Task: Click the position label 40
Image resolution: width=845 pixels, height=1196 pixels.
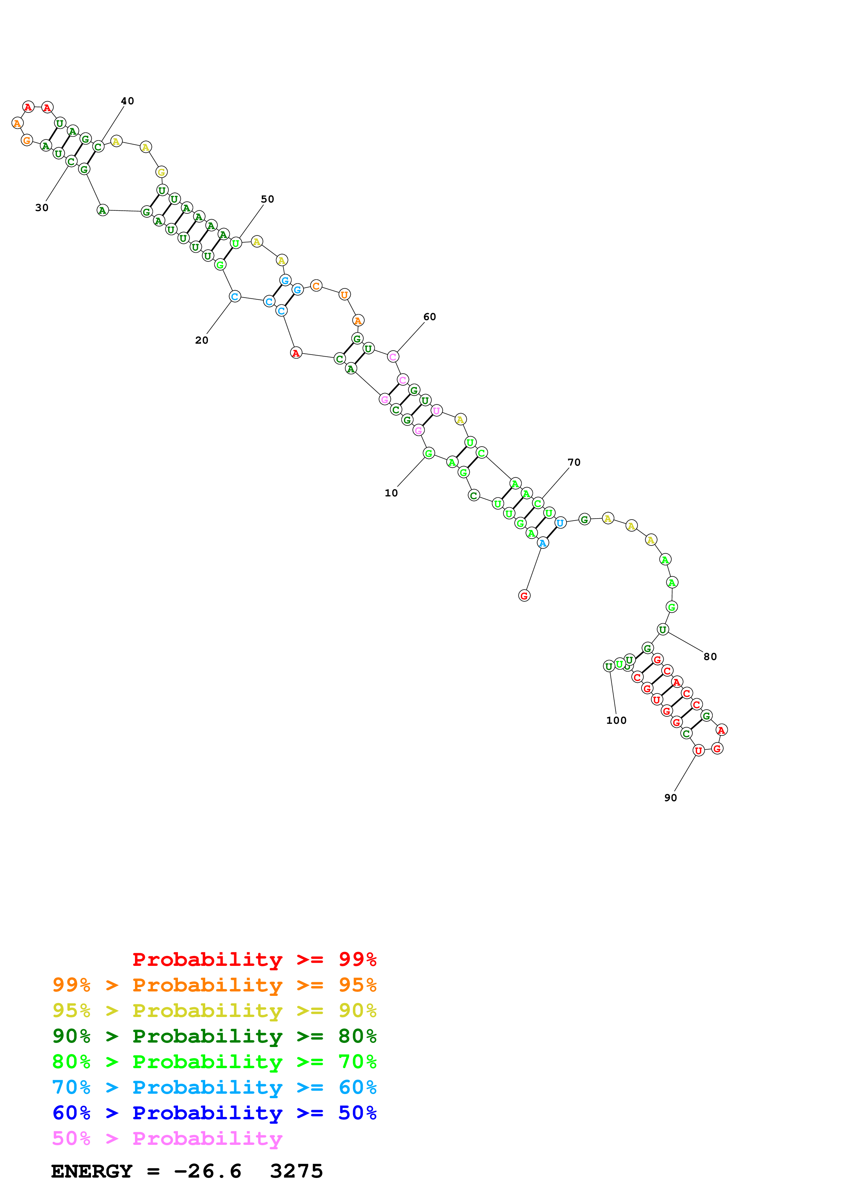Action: click(x=127, y=101)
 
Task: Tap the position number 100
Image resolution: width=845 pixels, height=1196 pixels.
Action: click(x=616, y=720)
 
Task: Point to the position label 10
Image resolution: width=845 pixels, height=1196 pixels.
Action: click(x=391, y=493)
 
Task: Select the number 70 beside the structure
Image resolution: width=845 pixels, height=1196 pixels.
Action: click(x=574, y=462)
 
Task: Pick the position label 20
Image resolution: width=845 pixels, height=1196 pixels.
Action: click(x=201, y=340)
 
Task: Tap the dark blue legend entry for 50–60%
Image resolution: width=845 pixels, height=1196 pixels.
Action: click(x=214, y=1113)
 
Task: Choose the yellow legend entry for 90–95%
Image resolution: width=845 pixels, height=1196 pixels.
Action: click(x=214, y=1011)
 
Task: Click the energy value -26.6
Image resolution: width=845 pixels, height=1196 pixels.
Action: click(x=207, y=1171)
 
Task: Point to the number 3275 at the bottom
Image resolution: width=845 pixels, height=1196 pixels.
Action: click(x=296, y=1171)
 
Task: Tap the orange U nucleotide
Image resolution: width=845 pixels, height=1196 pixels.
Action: click(x=344, y=295)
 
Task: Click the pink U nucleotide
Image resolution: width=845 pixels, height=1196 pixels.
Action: click(x=436, y=410)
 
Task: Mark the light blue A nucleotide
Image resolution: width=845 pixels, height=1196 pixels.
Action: click(x=543, y=543)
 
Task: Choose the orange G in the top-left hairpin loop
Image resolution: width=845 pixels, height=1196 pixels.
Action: click(x=27, y=141)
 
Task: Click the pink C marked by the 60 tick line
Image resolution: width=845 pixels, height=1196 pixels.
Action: click(x=393, y=357)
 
